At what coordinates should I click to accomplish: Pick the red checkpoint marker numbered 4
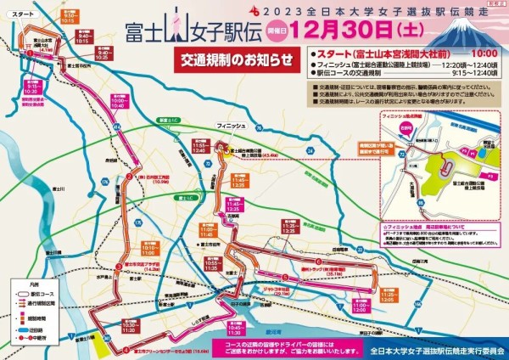click(x=125, y=349)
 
